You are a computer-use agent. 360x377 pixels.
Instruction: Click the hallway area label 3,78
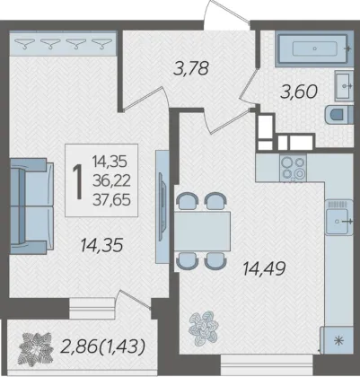[x=190, y=68]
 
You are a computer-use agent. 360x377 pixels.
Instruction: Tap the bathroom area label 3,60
[x=299, y=92]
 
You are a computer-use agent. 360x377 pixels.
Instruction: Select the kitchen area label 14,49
[x=264, y=268]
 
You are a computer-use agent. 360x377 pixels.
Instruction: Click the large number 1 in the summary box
[x=78, y=181]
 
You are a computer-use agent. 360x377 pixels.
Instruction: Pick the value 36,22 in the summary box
[x=111, y=181]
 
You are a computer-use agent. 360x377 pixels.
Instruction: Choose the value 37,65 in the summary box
[x=111, y=199]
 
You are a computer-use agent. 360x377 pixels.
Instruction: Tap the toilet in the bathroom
[x=339, y=115]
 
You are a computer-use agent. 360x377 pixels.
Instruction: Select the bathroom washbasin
[x=344, y=86]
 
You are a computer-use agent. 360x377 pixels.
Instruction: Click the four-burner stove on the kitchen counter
[x=294, y=168]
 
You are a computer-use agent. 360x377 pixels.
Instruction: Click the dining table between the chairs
[x=203, y=231]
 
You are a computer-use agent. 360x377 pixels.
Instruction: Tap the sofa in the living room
[x=31, y=206]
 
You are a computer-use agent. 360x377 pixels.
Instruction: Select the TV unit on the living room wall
[x=162, y=206]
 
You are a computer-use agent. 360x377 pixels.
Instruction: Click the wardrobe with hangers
[x=63, y=43]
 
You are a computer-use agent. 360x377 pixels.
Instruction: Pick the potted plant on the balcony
[x=36, y=349]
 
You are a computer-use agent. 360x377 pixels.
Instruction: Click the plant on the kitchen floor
[x=204, y=327]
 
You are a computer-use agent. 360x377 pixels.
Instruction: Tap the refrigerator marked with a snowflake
[x=337, y=340]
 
